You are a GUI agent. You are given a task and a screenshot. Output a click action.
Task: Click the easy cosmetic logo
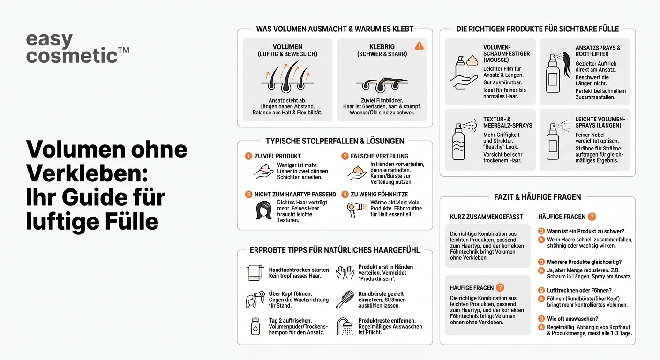tap(77, 48)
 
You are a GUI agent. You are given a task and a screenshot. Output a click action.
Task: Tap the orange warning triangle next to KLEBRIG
tap(419, 45)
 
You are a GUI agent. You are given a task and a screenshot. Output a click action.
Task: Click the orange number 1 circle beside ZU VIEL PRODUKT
tap(248, 156)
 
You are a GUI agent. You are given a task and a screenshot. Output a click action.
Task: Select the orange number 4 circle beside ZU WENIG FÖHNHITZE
tap(345, 194)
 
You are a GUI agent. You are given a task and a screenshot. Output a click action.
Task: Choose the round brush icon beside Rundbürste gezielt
tap(345, 300)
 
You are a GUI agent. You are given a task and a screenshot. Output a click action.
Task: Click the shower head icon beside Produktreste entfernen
tap(347, 326)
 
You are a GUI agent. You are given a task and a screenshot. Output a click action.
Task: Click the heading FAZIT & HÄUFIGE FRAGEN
tap(537, 197)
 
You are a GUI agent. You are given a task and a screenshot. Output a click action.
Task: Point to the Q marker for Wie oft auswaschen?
tap(541, 319)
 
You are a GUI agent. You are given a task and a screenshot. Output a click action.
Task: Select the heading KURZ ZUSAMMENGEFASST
tap(486, 217)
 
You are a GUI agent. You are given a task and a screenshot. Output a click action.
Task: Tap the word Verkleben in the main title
tap(87, 173)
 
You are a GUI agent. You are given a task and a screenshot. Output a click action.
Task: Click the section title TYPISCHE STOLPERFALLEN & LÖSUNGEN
tap(335, 141)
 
